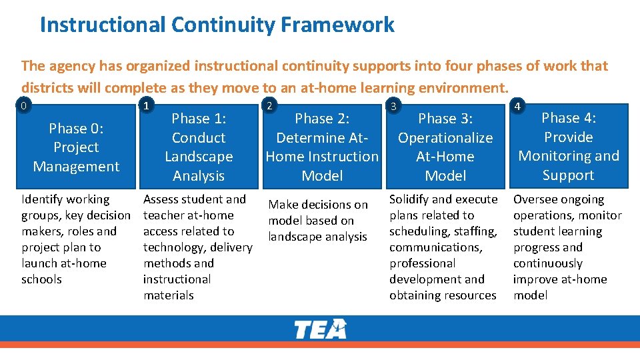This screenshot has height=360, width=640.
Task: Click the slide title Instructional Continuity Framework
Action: pos(217,25)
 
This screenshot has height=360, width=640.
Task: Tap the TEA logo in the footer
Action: pos(321,329)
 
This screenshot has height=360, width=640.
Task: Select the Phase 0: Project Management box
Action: pos(76,147)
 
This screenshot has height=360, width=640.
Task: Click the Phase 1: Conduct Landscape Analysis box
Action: pos(199,147)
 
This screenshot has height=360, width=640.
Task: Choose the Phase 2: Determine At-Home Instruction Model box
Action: pos(322,147)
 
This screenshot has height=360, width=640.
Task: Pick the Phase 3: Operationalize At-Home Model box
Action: pos(445,147)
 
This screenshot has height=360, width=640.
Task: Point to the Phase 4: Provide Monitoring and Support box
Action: pos(568,147)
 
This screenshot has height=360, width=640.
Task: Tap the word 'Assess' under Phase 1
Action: pos(163,199)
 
